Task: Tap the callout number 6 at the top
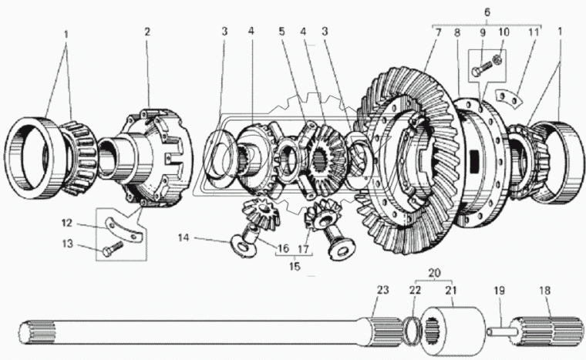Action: [486, 13]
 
